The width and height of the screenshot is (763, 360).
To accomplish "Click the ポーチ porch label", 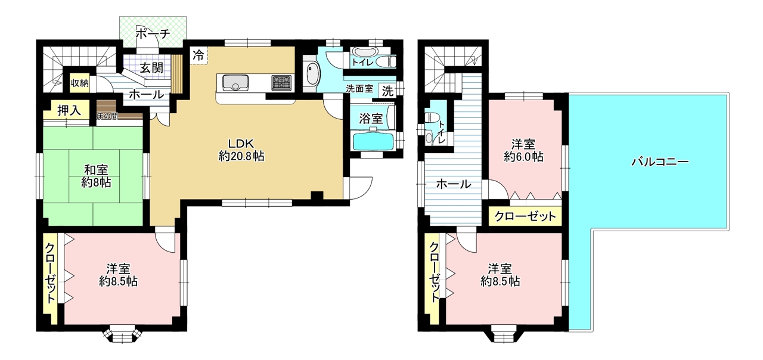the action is (x=153, y=34).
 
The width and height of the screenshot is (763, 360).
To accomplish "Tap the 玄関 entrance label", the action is (x=151, y=68).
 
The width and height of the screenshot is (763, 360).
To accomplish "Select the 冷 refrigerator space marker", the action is (x=198, y=55).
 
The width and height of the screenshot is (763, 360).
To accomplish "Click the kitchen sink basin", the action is (x=235, y=82).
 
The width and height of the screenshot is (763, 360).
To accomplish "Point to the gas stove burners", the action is (x=281, y=82).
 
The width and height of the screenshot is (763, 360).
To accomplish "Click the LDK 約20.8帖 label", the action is (x=241, y=150).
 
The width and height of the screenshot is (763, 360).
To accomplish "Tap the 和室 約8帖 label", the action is (x=96, y=176).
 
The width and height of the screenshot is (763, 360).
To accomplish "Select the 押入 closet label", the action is (x=69, y=111).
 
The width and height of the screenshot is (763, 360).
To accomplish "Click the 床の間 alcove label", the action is (x=107, y=116).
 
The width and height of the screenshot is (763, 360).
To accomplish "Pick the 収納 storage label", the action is (x=80, y=83).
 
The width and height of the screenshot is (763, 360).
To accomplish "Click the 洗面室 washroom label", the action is (x=359, y=89).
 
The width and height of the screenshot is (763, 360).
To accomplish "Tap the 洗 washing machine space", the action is (x=387, y=91).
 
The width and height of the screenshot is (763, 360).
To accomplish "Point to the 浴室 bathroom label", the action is (x=371, y=119).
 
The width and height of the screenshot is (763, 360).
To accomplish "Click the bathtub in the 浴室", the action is (x=373, y=141).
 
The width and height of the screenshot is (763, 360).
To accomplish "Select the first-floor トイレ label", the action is (x=363, y=63).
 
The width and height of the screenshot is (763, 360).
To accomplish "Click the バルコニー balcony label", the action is (x=660, y=162).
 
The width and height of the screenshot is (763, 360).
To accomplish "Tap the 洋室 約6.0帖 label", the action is (x=523, y=151).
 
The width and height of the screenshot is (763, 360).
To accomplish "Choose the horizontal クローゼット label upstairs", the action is (x=525, y=216).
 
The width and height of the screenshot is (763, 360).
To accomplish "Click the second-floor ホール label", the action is (x=454, y=184).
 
